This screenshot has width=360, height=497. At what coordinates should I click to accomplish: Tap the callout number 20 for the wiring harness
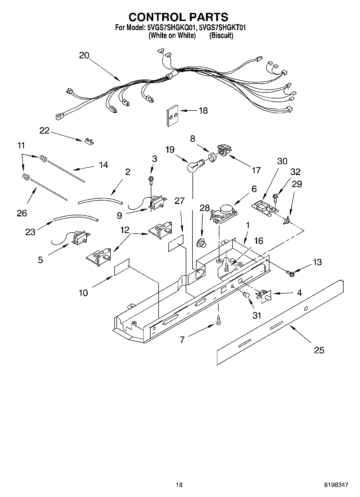pos(84,55)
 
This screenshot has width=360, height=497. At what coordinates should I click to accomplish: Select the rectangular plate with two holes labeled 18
pos(172,116)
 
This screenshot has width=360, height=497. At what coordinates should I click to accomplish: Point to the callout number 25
pos(319,350)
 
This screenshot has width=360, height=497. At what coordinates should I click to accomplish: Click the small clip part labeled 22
pos(88,141)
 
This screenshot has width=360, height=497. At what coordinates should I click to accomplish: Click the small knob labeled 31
pos(246,295)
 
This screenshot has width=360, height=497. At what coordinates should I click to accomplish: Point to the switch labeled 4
pos(265,296)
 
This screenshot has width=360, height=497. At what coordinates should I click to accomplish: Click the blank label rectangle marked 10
pos(122,267)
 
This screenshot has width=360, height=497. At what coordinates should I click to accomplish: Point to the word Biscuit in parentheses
pos(221,35)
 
